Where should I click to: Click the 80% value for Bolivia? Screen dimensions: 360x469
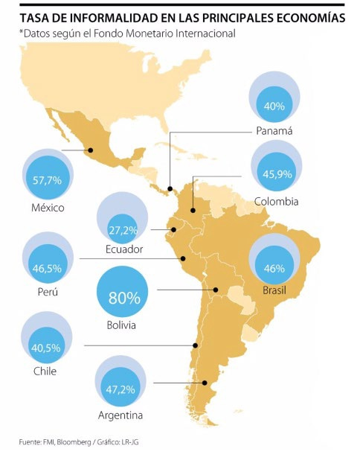click(124, 297)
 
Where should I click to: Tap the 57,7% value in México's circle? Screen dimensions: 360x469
click(47, 180)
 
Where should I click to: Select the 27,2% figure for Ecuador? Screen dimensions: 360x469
click(123, 230)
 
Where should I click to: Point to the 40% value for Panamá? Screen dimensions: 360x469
click(274, 106)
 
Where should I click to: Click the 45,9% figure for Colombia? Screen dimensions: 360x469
click(277, 173)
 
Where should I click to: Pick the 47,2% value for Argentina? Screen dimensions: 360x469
click(120, 389)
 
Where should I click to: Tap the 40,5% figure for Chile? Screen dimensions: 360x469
click(46, 348)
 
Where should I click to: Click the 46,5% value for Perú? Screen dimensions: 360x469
click(47, 268)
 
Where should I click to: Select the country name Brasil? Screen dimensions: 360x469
click(274, 290)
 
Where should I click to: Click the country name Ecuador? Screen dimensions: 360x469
click(124, 249)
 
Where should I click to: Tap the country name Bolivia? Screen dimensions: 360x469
click(121, 325)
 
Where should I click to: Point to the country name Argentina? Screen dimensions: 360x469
click(120, 415)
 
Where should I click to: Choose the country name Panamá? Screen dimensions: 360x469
click(274, 131)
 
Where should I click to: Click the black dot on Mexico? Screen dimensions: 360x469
click(90, 150)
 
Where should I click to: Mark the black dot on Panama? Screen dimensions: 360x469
click(170, 189)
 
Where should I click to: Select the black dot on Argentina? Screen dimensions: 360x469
click(205, 383)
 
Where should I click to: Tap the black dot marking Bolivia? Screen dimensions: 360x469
click(216, 290)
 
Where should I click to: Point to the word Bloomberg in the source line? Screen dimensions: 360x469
click(74, 441)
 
